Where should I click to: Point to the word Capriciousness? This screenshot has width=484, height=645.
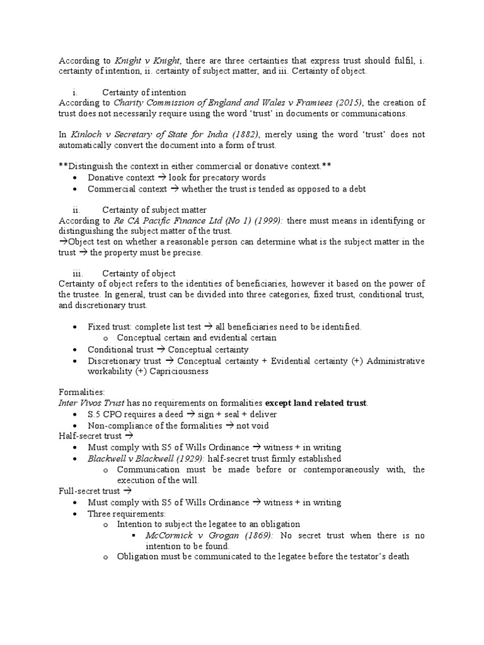point(176,372)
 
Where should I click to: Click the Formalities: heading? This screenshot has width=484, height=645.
point(82,392)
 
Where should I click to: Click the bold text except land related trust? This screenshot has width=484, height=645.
point(316,403)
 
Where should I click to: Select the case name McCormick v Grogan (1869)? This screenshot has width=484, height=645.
point(200,535)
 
